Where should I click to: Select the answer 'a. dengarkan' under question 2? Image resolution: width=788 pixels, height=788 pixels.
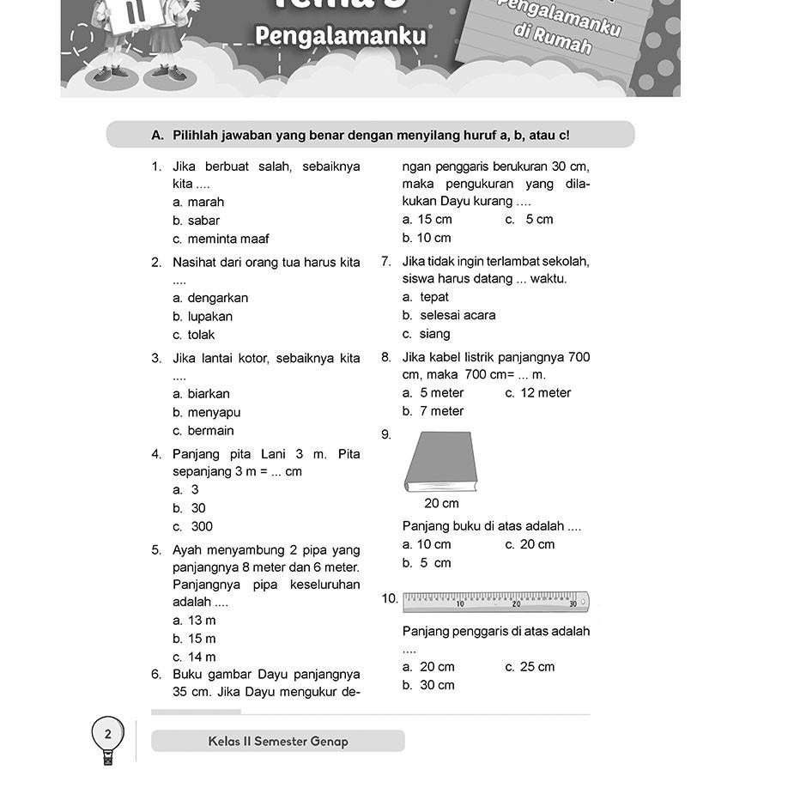coord(210,298)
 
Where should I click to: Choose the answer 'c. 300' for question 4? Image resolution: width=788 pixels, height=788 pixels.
coord(192,526)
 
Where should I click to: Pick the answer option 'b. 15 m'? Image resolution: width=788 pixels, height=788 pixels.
coord(194,639)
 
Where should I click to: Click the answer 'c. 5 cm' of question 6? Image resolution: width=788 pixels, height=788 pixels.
coord(529,219)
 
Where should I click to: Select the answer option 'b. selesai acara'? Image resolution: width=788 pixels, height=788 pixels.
coord(448,315)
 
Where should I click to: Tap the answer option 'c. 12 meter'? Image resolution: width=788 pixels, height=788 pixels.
coord(537,392)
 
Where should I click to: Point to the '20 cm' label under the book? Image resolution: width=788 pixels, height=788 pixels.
coord(441,503)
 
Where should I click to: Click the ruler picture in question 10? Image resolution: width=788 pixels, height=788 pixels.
coord(495,602)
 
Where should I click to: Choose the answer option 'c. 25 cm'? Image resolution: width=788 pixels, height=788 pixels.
coord(530,666)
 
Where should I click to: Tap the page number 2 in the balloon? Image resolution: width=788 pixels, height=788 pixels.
coord(107,734)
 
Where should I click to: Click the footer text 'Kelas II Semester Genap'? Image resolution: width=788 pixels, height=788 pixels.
coord(278,741)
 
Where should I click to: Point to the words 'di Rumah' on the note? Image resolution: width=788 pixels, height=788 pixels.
coord(554,39)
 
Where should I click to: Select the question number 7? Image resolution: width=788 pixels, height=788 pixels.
coord(387,261)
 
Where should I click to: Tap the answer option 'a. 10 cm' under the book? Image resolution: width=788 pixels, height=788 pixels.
coord(427,544)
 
